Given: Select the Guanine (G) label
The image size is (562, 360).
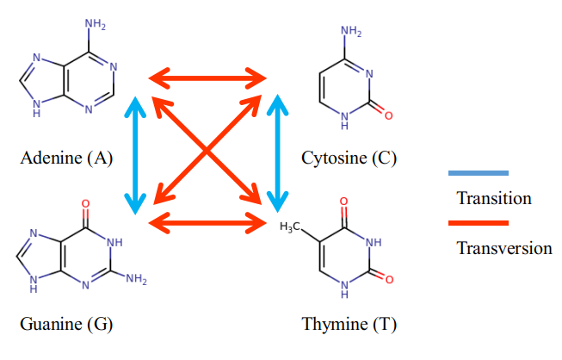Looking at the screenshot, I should pos(66,325).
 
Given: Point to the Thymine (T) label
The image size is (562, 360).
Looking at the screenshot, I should pos(349,325).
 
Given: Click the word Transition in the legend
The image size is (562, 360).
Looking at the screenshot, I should pos(494,199).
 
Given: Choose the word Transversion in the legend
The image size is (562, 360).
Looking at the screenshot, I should pos(503,249).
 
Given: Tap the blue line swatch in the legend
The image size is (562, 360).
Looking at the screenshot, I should pos(479,173).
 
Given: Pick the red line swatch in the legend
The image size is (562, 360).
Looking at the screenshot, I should pos(479,223).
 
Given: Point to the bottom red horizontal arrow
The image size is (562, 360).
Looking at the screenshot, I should pos(207,224).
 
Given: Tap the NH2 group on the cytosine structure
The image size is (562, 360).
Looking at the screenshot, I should pos(351,33).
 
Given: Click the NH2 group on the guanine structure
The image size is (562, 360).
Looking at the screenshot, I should pos(136,279).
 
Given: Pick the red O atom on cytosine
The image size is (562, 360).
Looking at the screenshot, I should pos(388,115).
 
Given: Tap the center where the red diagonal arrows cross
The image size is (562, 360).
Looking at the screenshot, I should pos(207,152).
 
